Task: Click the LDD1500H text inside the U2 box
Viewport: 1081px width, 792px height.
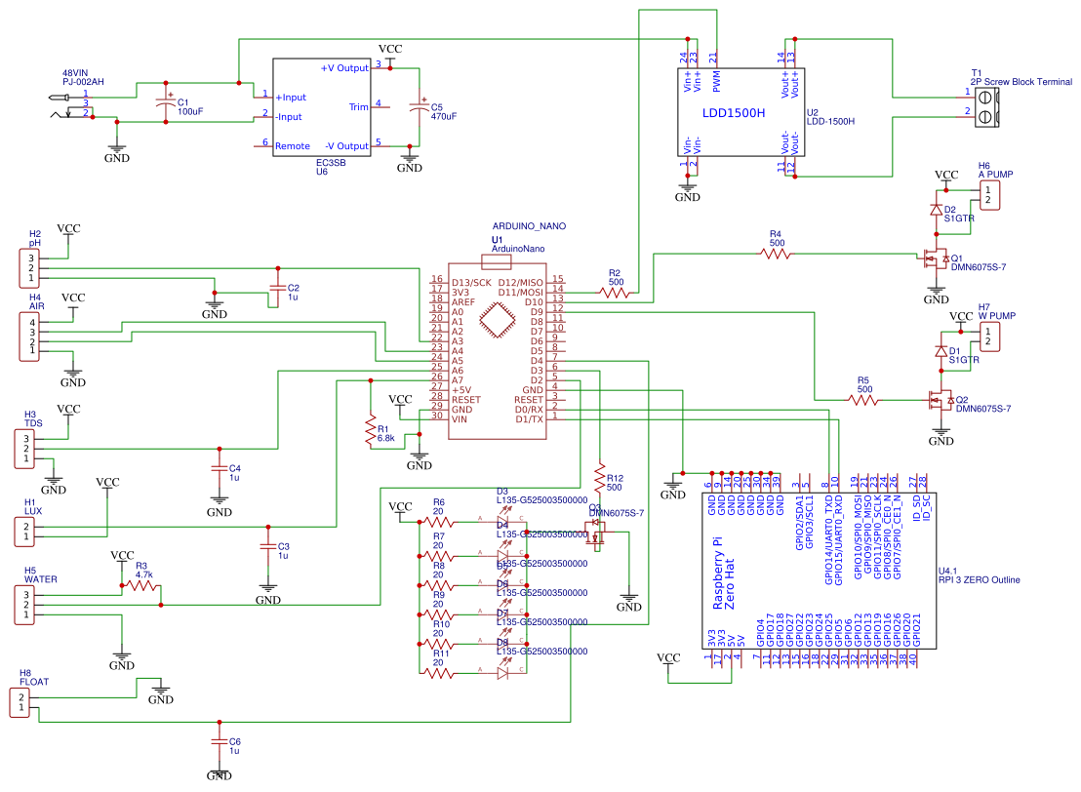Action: click(x=734, y=113)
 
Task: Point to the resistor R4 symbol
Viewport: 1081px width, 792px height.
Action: click(x=777, y=254)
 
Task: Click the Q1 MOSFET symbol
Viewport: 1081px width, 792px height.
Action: click(x=935, y=259)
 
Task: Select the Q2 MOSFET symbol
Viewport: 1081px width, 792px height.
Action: click(x=939, y=401)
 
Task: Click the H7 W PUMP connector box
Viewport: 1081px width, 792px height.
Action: click(x=989, y=337)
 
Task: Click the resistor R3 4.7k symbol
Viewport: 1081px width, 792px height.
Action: click(x=140, y=587)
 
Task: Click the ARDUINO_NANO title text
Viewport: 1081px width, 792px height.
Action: click(x=529, y=225)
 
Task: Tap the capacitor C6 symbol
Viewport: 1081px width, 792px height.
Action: click(x=220, y=742)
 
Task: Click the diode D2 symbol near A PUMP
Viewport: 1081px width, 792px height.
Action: click(x=936, y=210)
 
